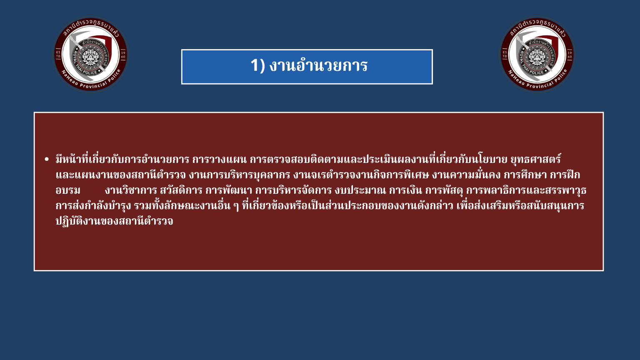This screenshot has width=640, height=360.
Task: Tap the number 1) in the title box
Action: [258, 65]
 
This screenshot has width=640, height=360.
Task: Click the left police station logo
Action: [91, 54]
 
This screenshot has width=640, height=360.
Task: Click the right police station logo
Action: [537, 54]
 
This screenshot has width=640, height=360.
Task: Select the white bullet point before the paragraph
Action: [47, 160]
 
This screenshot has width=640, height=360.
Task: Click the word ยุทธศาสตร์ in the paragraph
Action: [535, 159]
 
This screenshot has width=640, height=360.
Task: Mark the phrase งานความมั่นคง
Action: [466, 175]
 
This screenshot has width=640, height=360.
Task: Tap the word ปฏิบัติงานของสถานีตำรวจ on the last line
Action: [114, 221]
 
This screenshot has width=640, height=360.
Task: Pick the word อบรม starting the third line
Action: [68, 190]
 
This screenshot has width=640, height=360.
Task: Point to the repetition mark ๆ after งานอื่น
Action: [236, 206]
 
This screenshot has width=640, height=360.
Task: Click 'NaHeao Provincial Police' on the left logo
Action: [91, 81]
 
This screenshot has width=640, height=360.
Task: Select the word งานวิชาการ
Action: [131, 190]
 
